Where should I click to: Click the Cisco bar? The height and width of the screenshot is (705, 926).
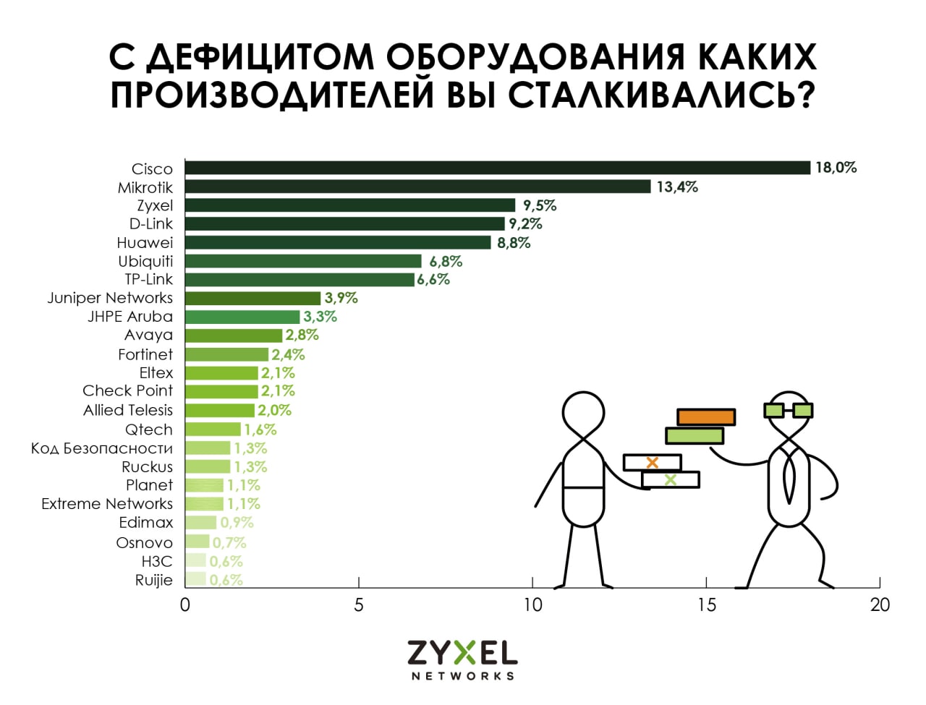tap(498, 168)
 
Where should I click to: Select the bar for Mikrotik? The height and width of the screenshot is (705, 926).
tap(418, 187)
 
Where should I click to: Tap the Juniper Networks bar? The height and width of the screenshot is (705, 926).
tap(252, 298)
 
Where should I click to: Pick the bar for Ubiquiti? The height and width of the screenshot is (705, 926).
tap(303, 261)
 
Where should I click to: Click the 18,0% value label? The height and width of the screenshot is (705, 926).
tap(836, 168)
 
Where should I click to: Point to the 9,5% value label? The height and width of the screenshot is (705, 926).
tap(540, 205)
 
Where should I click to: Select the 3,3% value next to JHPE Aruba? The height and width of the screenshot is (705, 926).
tap(320, 317)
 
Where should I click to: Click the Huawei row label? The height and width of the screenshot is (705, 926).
tap(145, 243)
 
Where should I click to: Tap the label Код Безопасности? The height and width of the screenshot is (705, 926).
tap(102, 448)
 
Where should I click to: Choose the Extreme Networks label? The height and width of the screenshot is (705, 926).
tap(107, 504)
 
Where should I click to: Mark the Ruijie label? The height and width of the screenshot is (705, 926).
tap(153, 580)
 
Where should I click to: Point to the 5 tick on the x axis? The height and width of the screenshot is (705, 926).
tap(359, 604)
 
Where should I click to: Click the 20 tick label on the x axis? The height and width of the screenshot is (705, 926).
tap(880, 604)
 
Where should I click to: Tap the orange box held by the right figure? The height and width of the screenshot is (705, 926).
tap(706, 417)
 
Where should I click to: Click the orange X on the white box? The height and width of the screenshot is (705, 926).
tap(652, 462)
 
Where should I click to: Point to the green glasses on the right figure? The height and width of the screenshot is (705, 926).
tap(788, 410)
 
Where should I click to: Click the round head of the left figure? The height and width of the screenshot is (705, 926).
tap(582, 414)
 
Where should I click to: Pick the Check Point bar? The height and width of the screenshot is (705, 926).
tap(221, 391)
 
